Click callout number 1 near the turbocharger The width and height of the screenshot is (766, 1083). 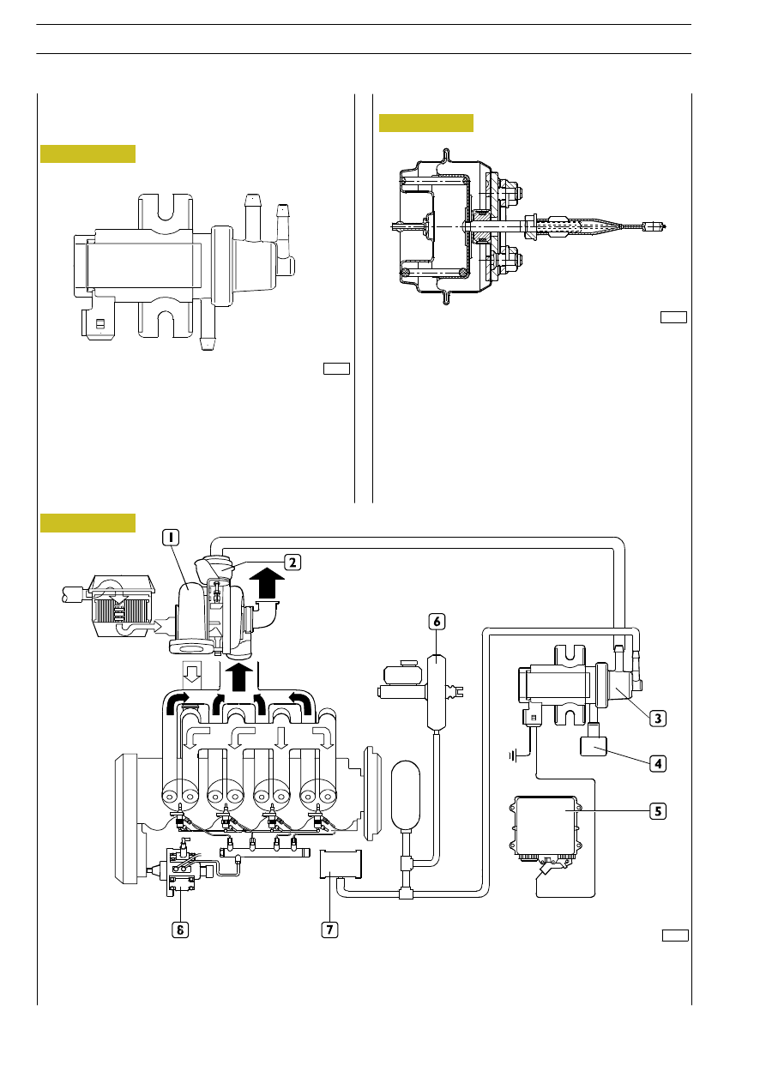coord(171,538)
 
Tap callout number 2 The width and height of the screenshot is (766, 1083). coord(293,563)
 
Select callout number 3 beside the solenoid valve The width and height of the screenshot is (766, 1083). coord(658,719)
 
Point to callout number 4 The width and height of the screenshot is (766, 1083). coord(658,764)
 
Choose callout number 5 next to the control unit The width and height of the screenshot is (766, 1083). coord(658,811)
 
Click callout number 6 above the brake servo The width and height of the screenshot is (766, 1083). coord(437,622)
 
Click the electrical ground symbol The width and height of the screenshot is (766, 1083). coord(514,755)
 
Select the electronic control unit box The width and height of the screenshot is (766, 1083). coord(546,830)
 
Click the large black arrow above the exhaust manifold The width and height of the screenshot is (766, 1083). coord(239,677)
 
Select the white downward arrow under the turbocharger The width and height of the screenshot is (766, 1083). coord(192,673)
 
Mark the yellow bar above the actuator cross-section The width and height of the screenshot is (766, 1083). coord(426,123)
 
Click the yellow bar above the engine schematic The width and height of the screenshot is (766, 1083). coord(87,523)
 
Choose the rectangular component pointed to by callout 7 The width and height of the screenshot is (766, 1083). coord(341,863)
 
